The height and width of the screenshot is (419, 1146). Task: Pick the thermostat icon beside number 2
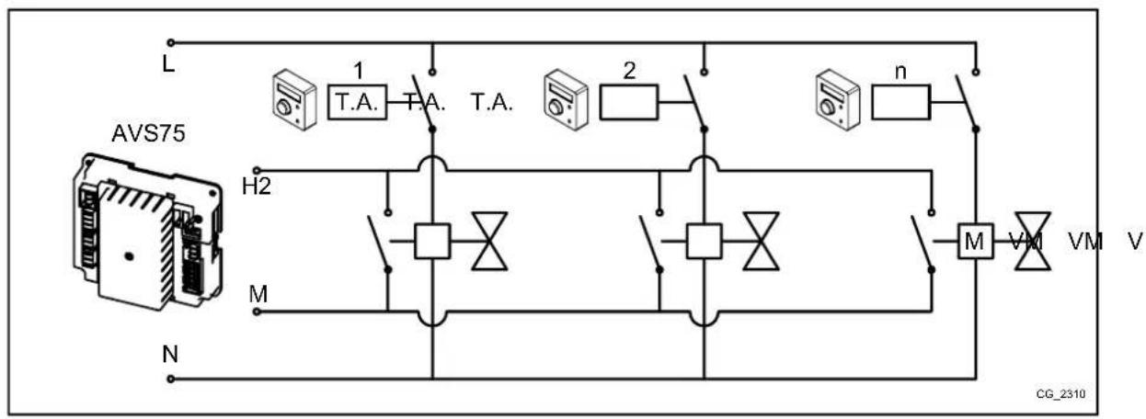[x=565, y=101]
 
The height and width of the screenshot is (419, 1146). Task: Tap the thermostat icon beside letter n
[x=837, y=101]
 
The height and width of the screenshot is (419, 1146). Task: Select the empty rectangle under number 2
[x=629, y=102]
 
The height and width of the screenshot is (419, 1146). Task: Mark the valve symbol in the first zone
[x=489, y=242]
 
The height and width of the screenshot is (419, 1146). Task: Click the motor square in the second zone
[x=704, y=242]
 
